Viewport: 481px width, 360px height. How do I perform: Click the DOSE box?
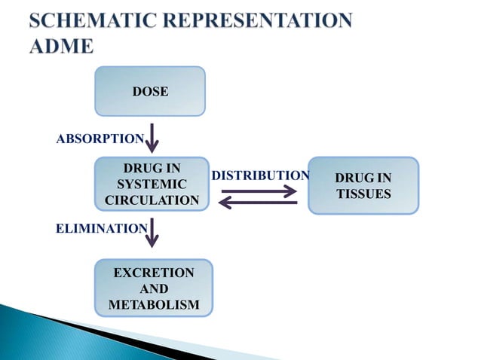[x=150, y=91]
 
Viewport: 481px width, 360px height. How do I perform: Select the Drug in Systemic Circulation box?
[x=152, y=184]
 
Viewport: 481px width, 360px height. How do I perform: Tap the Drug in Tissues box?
[x=363, y=185]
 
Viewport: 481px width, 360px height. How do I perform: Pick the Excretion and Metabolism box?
[x=154, y=288]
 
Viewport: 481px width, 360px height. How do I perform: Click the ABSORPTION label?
[x=100, y=139]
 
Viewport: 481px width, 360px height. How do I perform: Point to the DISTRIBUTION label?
[x=260, y=175]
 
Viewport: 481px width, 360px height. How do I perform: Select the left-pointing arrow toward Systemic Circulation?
[x=259, y=203]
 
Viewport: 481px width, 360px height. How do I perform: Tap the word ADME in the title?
[x=62, y=46]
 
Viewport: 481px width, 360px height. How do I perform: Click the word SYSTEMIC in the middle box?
[x=152, y=184]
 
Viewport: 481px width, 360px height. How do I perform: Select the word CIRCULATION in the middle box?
[x=152, y=200]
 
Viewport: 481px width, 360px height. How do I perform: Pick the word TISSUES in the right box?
[x=363, y=194]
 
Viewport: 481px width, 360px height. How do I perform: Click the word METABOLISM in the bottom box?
[x=154, y=304]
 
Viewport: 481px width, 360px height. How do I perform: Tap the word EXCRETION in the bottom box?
[x=154, y=272]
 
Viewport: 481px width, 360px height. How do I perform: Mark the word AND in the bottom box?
[x=154, y=288]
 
